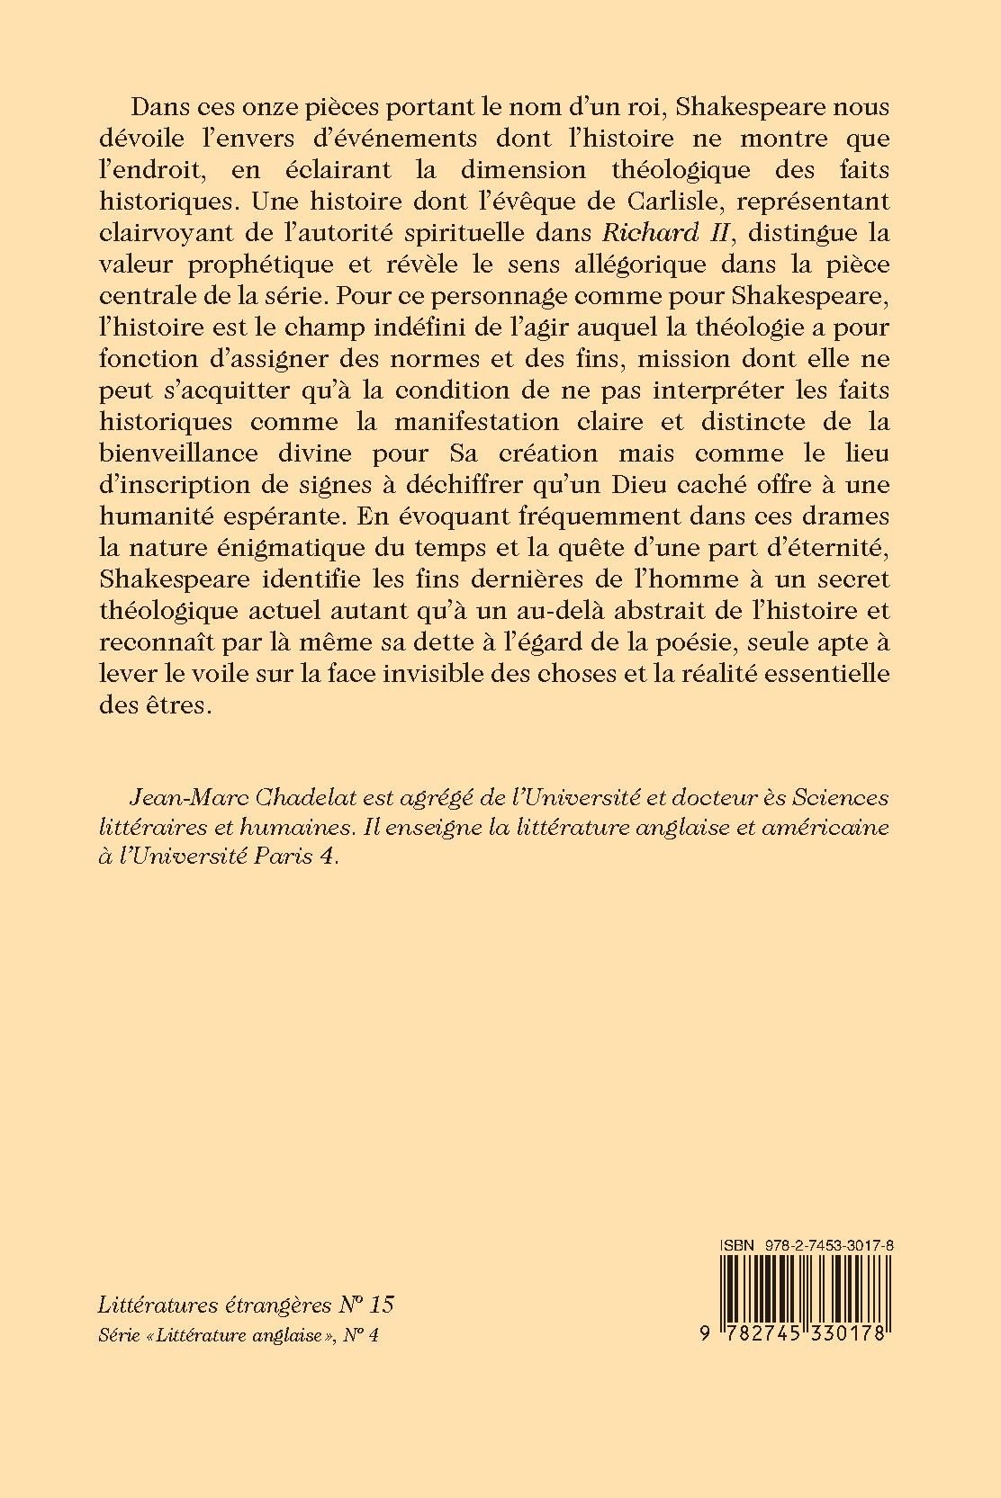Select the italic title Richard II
coord(650,232)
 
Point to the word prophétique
coord(242,264)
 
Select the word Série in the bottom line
coord(117,1336)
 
